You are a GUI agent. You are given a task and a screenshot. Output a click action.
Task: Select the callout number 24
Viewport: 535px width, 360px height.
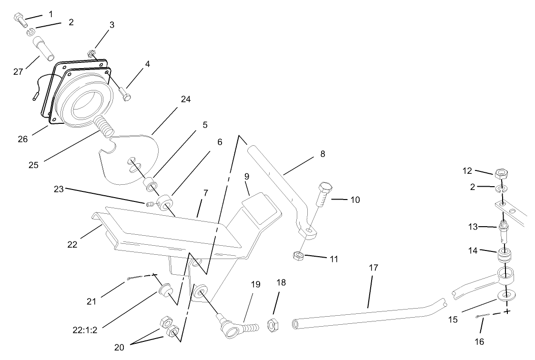(185, 100)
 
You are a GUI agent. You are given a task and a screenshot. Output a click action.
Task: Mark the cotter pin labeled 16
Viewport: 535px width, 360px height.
(484, 318)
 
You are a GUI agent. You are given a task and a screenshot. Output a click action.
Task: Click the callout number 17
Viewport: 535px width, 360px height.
(373, 268)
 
